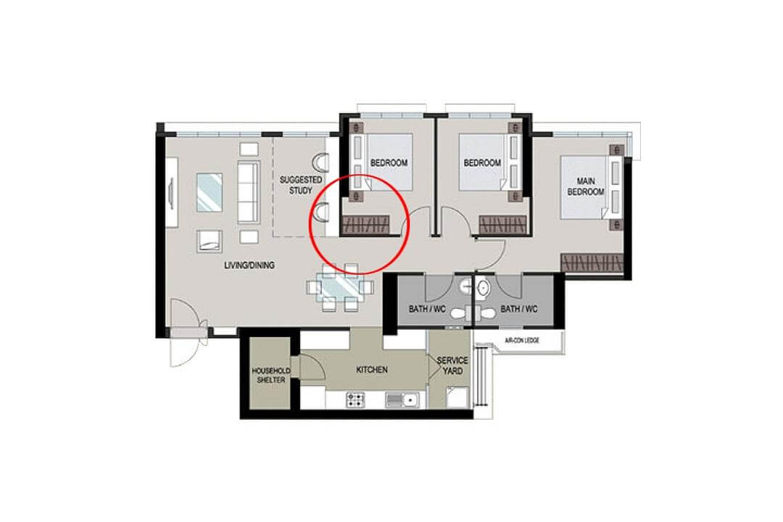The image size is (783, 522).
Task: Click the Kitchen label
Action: (372, 370)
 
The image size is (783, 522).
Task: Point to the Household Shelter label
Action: (270, 375)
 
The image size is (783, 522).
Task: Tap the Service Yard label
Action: (452, 365)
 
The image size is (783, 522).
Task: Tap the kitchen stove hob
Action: (356, 398)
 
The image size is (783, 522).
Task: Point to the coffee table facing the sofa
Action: (210, 192)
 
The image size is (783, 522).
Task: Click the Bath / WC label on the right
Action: (519, 309)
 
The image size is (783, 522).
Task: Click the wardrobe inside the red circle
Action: (370, 225)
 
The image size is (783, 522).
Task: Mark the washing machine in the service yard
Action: (456, 397)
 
